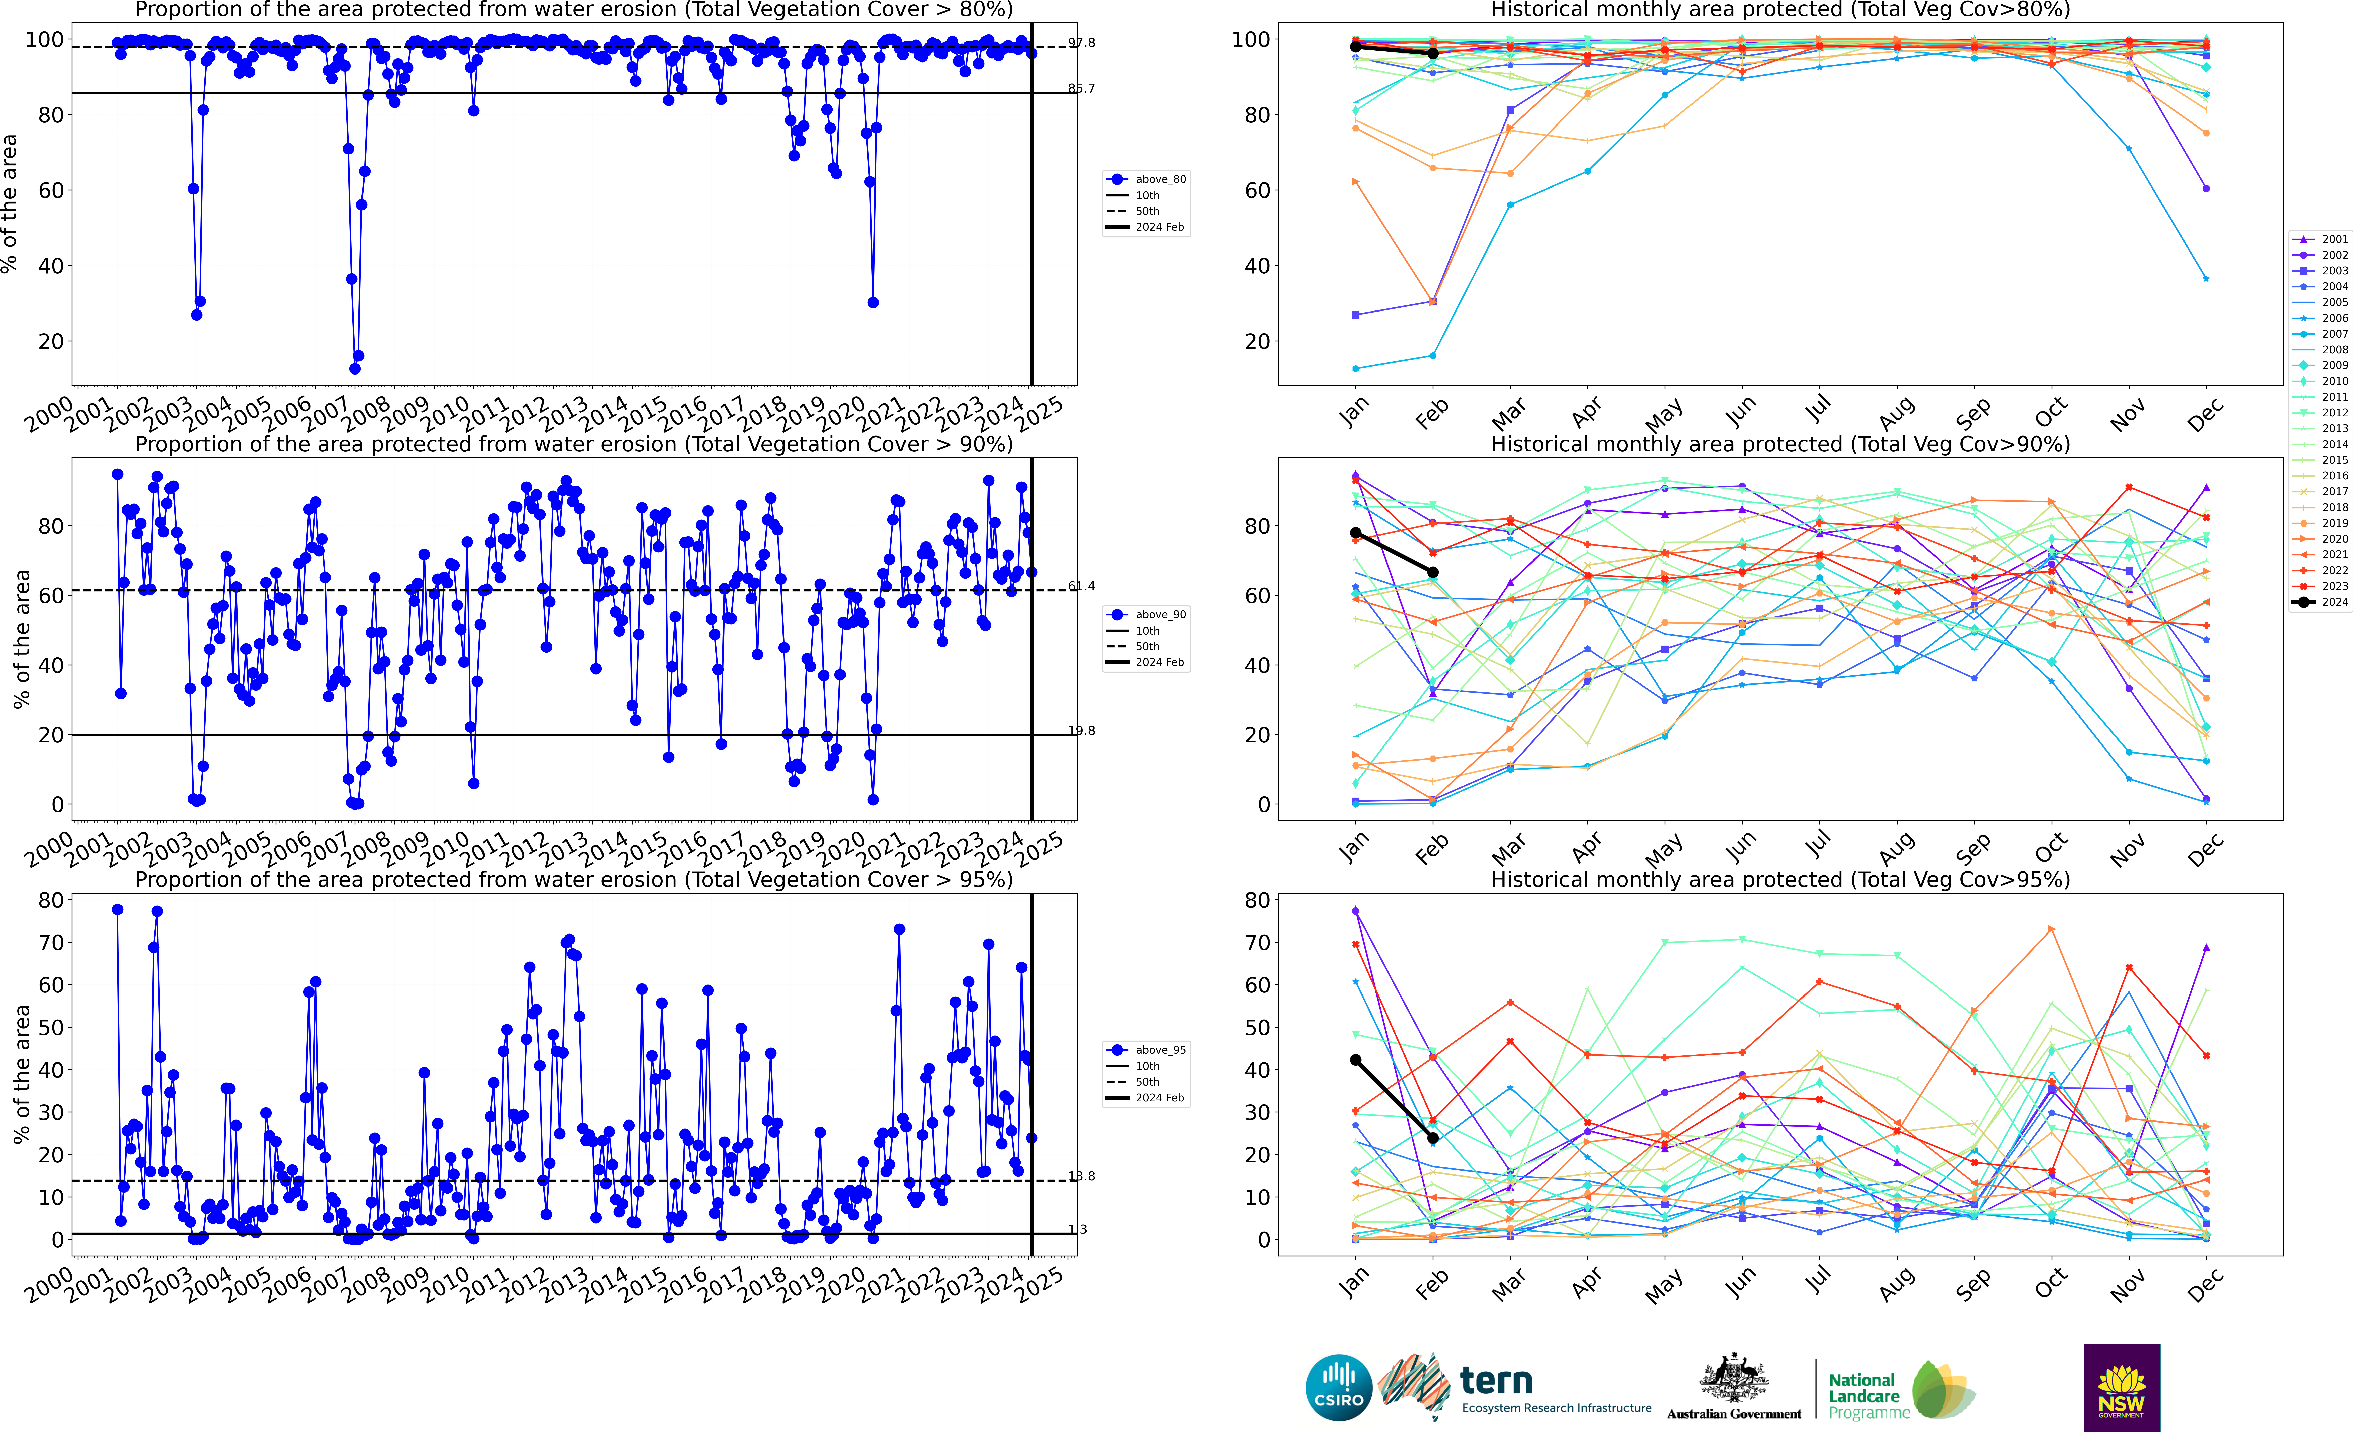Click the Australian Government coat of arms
[1733, 1378]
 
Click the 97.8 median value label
[1082, 43]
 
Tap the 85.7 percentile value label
[1082, 89]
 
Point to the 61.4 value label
[1082, 586]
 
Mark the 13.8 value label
[1082, 1176]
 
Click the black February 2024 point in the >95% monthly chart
[1432, 1138]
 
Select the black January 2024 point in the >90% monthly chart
[1355, 533]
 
